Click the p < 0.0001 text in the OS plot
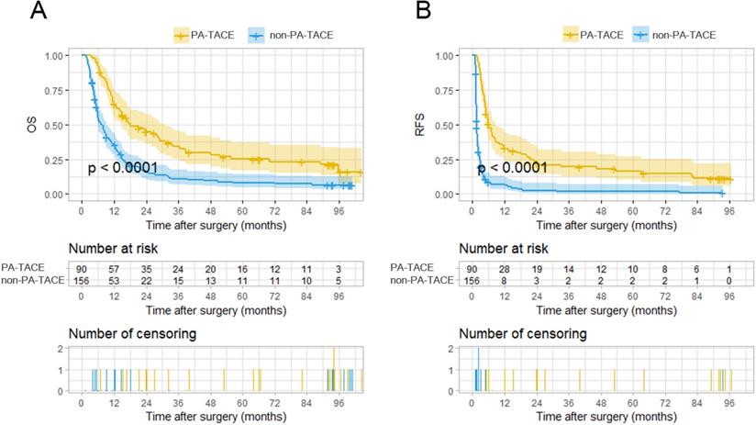[x=123, y=168]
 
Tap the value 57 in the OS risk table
[x=114, y=267]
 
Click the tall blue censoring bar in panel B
[x=478, y=370]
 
